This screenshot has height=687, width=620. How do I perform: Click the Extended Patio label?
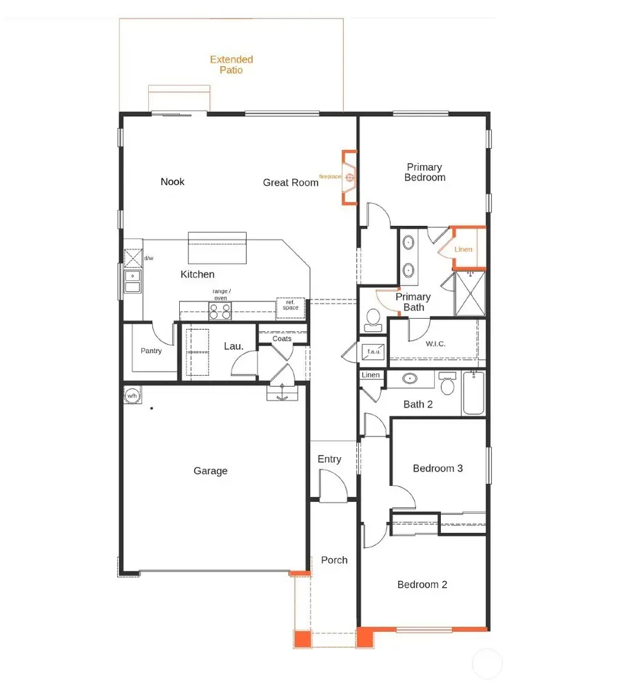231,65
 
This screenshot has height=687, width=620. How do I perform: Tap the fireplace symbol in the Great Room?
350,178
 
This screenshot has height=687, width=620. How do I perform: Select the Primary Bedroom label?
425,172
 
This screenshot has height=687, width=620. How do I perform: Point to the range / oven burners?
220,312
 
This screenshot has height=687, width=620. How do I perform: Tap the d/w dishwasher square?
132,258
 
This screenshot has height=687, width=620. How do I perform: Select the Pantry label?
151,351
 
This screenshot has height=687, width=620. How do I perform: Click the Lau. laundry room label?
234,346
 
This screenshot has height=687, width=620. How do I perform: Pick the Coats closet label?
282,339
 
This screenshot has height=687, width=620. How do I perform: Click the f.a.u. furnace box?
373,351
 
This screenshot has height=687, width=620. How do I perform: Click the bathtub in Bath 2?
473,394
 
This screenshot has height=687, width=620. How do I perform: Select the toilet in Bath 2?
448,384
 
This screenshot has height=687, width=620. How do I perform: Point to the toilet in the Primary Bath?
373,318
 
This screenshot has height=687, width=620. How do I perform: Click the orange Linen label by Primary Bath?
464,249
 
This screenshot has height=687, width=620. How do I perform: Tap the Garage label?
210,471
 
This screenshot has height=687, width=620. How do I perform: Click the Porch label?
334,560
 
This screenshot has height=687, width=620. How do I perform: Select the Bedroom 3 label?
437,469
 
